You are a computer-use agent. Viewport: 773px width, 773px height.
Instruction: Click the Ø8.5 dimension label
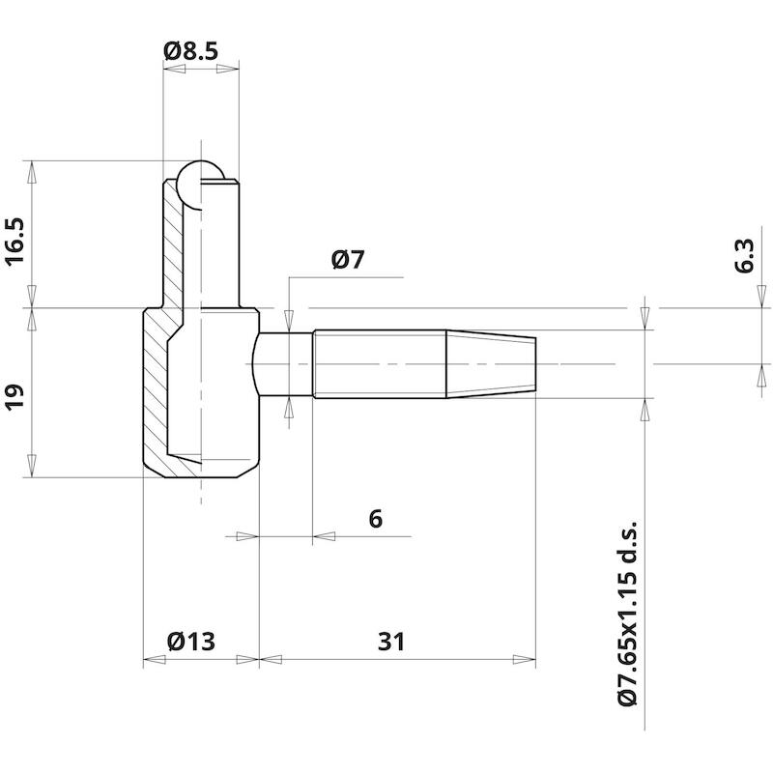(190, 51)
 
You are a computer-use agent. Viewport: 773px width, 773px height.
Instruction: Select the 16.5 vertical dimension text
(15, 242)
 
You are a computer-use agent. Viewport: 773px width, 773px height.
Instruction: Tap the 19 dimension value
(15, 396)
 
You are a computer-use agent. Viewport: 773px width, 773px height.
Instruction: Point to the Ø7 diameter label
(348, 260)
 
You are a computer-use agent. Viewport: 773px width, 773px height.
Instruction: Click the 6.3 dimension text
(744, 256)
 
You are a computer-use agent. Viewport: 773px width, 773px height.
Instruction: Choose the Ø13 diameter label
(191, 642)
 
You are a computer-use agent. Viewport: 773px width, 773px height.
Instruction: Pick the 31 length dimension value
(391, 642)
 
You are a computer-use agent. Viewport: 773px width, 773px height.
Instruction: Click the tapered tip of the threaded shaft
(491, 364)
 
